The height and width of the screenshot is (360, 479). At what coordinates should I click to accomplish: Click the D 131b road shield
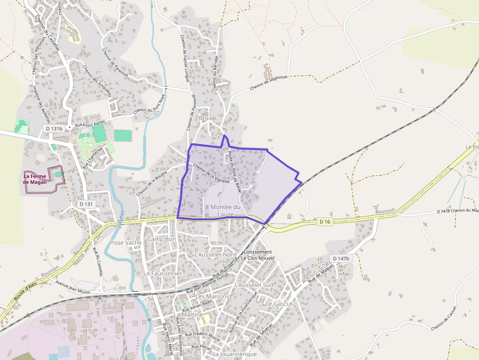pos(54,128)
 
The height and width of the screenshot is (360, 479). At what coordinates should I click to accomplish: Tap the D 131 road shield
pos(86,204)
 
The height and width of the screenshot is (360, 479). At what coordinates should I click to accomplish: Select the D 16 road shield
pos(325,222)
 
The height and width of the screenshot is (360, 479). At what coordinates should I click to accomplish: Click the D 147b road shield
pos(341,258)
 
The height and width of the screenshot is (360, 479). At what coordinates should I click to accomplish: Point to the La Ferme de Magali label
pos(36,179)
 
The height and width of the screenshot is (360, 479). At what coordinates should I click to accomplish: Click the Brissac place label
pos(208,118)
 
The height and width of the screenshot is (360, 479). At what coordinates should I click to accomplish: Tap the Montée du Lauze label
pos(225,211)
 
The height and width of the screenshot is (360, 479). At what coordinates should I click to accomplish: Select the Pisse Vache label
pos(126,242)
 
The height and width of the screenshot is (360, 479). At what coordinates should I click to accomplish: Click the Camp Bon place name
pos(161,239)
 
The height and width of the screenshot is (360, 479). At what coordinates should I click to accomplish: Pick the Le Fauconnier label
pos(162,274)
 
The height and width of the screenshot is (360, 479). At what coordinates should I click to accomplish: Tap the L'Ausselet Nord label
pos(216,254)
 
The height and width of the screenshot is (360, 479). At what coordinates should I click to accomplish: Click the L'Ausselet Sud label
pos(254,284)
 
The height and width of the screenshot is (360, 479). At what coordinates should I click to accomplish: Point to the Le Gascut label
pos(279,303)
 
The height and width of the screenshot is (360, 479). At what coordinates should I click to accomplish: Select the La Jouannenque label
pos(235,354)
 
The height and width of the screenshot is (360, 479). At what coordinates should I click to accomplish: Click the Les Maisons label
pos(212,296)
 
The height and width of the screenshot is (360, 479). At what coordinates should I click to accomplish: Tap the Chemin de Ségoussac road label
pos(269,83)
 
